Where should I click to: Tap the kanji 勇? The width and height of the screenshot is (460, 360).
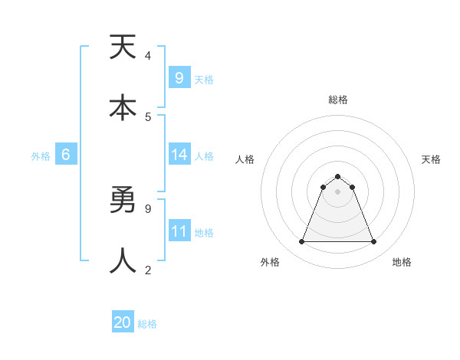coord(123,201)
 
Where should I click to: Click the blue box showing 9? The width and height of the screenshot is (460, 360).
coord(179,78)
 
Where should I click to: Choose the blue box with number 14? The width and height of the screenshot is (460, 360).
coord(179,155)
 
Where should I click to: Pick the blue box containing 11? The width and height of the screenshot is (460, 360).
coord(179,231)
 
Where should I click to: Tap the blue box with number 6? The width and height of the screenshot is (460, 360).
coord(66,155)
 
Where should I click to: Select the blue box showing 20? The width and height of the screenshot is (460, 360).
coord(123,323)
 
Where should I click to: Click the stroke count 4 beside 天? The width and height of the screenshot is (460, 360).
coord(147,55)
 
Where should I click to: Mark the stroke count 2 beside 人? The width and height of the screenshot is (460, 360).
coord(147,270)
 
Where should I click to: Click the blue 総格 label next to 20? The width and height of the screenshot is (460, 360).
coord(147,324)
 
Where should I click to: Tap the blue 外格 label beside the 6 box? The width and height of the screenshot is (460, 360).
coord(41,155)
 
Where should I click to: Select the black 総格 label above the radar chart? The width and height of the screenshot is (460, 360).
coord(338,100)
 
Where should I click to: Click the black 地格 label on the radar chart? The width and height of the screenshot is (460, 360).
coord(402,262)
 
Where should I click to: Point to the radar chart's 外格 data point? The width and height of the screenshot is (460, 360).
coord(301,242)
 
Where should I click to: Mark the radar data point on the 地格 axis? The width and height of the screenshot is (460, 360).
coord(374,242)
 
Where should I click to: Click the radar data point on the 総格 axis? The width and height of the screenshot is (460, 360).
coord(337,176)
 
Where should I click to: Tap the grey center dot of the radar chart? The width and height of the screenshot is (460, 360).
coord(337,191)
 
